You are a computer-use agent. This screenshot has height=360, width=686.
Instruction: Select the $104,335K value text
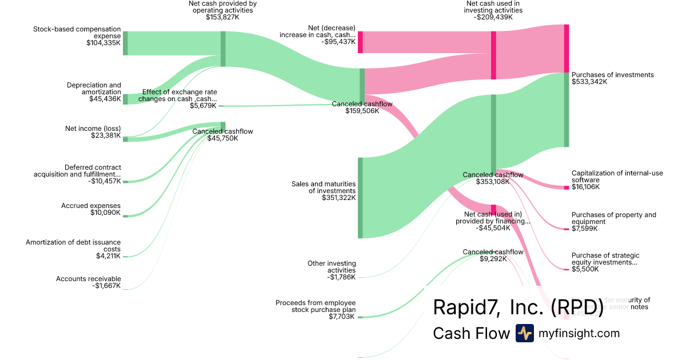[x=103, y=43]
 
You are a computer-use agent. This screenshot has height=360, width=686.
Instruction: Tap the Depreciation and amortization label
[x=94, y=89]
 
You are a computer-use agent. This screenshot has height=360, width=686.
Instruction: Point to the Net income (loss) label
[x=93, y=128]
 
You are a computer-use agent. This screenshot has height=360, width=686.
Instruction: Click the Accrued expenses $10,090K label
[x=91, y=209]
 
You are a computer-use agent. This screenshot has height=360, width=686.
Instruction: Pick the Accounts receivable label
[x=89, y=279]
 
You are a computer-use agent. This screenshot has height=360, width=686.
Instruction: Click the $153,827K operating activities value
[x=222, y=18]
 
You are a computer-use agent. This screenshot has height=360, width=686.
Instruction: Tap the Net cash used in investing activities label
[x=493, y=7]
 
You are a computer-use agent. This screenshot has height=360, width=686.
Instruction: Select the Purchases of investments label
[x=612, y=75]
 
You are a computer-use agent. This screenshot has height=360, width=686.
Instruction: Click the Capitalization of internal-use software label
[x=617, y=177]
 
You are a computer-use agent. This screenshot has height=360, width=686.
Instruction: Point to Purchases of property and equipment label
[x=613, y=218]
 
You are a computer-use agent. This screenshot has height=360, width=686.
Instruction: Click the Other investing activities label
[x=332, y=266]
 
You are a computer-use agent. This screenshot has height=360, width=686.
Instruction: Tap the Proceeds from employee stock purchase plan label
[x=316, y=306]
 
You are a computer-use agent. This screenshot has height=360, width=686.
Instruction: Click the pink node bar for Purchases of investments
[x=567, y=48]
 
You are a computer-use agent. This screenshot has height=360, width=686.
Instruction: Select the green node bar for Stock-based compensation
[x=125, y=43]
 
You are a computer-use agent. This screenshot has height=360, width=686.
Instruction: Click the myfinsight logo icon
[x=524, y=333]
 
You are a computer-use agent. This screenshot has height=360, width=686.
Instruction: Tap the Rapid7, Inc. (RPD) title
[x=518, y=307]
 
